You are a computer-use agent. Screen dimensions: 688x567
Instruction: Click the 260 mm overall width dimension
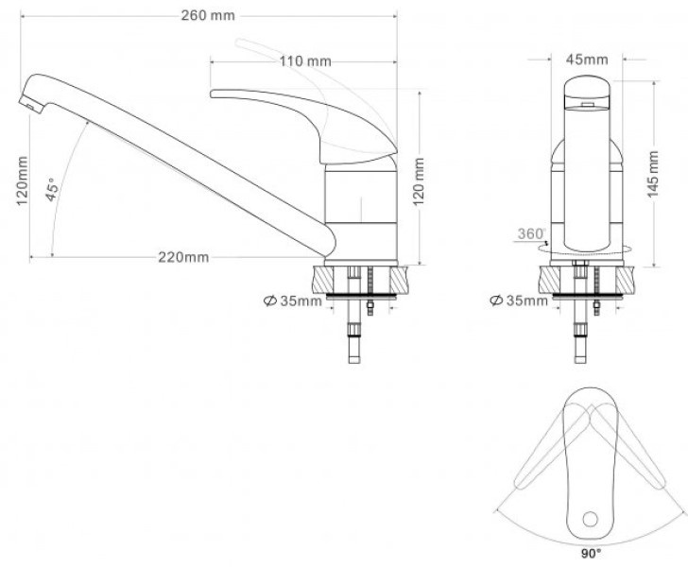coord(208,15)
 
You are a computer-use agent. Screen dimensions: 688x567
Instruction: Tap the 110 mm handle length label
coord(305,61)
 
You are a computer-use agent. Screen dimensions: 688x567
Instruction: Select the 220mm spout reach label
coord(183,257)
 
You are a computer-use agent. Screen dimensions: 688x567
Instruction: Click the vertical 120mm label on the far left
coord(22,180)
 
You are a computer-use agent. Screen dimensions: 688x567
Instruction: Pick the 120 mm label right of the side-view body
coord(419,181)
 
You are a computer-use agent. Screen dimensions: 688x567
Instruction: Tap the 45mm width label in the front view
coord(587,60)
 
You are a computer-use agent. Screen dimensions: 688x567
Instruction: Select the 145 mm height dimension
coord(653,174)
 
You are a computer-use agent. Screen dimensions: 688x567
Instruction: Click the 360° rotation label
coord(532,234)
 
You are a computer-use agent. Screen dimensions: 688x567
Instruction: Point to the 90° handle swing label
coord(591,554)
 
